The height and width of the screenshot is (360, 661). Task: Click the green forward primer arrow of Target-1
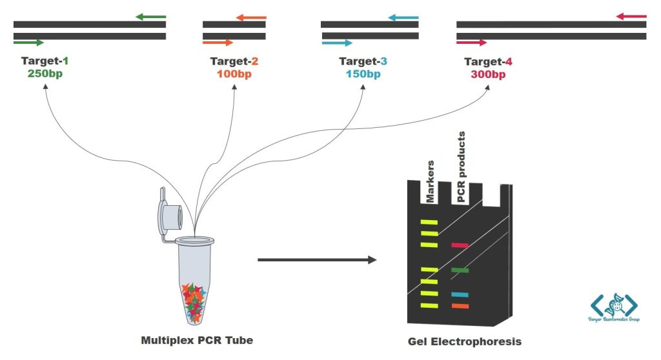(x=28, y=43)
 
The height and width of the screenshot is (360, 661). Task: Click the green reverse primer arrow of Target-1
(x=151, y=17)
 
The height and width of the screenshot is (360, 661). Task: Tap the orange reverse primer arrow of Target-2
(x=250, y=17)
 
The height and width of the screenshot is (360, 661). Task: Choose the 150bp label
(x=363, y=74)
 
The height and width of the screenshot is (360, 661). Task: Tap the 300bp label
(x=488, y=74)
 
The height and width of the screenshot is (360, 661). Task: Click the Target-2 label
(x=234, y=61)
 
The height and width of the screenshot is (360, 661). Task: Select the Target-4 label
(x=488, y=62)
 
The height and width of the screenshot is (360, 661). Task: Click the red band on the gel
(x=460, y=245)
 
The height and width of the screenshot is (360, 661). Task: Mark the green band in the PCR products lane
(x=460, y=270)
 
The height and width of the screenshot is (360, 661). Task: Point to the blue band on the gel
(x=460, y=295)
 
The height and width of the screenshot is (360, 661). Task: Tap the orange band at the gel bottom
(x=460, y=306)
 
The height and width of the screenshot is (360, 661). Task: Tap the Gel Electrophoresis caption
(x=464, y=341)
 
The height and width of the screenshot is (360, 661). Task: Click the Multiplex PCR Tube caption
(x=193, y=340)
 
